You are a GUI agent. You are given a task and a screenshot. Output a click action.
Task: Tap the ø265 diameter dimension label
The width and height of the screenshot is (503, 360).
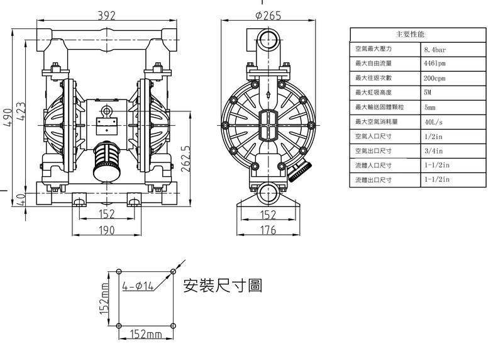[x=268, y=16]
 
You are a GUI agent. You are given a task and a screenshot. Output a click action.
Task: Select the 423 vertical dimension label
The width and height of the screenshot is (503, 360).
[x=21, y=114]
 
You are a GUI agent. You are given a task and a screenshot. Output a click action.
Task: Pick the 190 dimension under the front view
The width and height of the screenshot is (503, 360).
[x=107, y=230]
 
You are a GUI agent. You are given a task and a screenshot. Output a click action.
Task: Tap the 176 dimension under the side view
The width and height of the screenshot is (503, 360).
[x=268, y=230]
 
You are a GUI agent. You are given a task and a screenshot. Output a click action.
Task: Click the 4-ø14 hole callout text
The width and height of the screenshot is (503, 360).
[x=138, y=286]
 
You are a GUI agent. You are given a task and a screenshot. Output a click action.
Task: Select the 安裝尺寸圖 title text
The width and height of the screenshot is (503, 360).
[x=222, y=286]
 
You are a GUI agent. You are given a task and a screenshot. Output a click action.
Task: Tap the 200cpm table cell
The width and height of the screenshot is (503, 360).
[x=435, y=77]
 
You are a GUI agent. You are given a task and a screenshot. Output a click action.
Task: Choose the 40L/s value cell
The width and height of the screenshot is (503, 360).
[x=434, y=121]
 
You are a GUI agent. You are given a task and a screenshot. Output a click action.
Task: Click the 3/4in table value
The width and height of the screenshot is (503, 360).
[x=434, y=150]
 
